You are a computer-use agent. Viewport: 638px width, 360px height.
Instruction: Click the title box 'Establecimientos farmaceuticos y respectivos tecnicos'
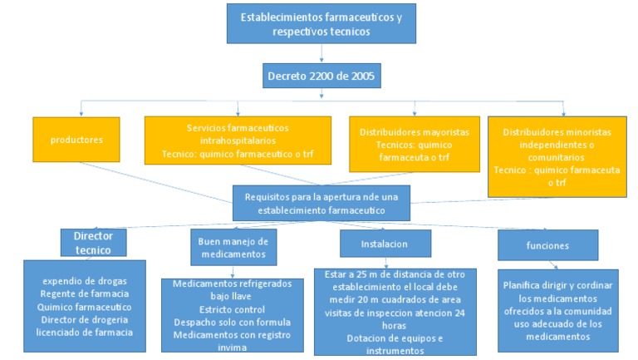point(321,23)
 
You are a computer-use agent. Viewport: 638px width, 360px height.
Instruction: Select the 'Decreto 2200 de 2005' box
point(321,77)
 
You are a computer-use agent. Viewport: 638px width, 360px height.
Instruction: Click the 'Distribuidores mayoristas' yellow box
point(415,144)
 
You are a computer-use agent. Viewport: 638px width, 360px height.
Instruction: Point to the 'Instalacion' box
point(385,244)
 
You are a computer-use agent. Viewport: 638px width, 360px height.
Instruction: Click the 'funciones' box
point(547,244)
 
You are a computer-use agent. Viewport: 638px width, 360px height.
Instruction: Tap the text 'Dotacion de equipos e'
point(383,338)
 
